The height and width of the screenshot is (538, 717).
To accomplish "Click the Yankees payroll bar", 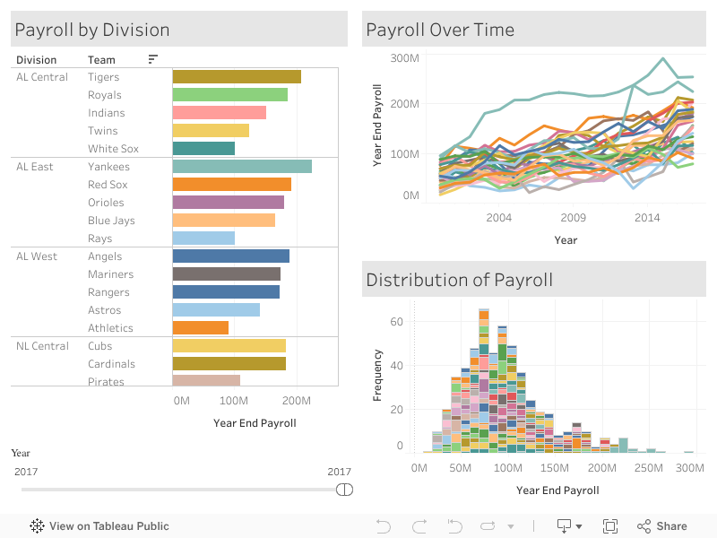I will pyautogui.click(x=242, y=167).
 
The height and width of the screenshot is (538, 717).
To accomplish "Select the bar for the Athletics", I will pyautogui.click(x=201, y=328).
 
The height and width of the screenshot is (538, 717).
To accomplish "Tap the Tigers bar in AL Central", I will pyautogui.click(x=237, y=77).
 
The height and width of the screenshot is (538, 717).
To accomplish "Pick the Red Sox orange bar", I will pyautogui.click(x=231, y=185).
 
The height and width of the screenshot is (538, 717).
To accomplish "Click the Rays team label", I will pyautogui.click(x=99, y=239).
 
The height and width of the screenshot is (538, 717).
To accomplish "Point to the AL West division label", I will pyautogui.click(x=37, y=256).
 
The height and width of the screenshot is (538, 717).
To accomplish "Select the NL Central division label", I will pyautogui.click(x=42, y=346).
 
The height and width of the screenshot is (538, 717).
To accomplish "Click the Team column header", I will pyautogui.click(x=101, y=60).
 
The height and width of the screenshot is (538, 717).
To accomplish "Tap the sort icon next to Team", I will pyautogui.click(x=153, y=59).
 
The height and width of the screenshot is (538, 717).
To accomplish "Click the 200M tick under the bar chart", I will pyautogui.click(x=297, y=401).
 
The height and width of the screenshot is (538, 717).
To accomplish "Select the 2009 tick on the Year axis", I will pyautogui.click(x=573, y=218).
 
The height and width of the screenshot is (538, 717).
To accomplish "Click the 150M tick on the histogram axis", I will pyautogui.click(x=556, y=469).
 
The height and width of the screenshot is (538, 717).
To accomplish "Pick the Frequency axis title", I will pyautogui.click(x=377, y=375).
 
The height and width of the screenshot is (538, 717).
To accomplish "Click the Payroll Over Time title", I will pyautogui.click(x=440, y=30).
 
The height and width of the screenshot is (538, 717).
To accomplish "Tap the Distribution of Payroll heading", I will pyautogui.click(x=459, y=280).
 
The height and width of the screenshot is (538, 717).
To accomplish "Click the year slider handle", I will pyautogui.click(x=344, y=490).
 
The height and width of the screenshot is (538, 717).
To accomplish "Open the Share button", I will pyautogui.click(x=662, y=526).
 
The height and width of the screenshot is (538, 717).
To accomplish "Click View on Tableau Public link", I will pyautogui.click(x=99, y=526).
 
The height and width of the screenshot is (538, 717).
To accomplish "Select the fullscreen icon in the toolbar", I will pyautogui.click(x=610, y=526).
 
